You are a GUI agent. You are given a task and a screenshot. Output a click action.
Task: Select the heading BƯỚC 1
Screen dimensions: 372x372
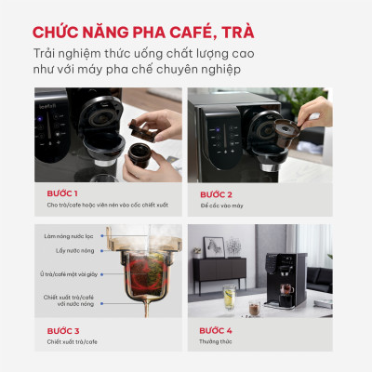(63, 193)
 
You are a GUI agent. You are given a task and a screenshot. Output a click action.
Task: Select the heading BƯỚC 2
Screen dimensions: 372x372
(216, 193)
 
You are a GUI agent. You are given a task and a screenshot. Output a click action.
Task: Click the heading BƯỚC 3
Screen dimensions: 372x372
(63, 330)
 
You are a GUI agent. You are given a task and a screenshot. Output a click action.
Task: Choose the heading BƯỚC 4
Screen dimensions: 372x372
(216, 330)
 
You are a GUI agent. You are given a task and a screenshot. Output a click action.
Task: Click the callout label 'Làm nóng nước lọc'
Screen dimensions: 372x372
(69, 236)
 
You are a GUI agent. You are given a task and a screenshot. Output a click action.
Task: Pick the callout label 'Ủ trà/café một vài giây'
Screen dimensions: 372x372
(64, 273)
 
